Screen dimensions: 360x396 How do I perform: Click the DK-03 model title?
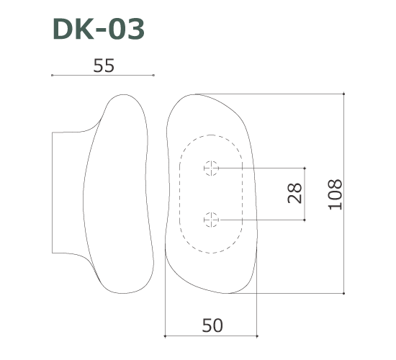click(99, 30)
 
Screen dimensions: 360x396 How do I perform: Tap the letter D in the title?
click(63, 30)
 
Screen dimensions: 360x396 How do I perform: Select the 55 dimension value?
click(104, 66)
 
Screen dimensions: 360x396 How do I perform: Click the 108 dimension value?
click(334, 194)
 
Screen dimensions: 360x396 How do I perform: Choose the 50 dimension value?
click(212, 325)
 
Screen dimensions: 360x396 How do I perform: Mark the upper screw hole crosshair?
click(211, 168)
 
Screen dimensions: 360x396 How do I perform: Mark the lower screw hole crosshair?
click(211, 218)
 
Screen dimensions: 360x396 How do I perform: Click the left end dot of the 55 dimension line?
click(53, 75)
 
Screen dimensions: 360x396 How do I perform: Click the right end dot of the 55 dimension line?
click(154, 75)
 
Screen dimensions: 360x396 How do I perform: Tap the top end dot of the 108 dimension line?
click(345, 94)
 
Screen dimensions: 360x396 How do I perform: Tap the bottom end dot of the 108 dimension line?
click(345, 294)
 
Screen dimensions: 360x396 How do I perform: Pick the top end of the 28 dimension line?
click(306, 168)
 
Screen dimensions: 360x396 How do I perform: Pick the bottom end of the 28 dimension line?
click(306, 218)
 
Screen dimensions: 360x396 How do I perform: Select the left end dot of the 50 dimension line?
click(166, 336)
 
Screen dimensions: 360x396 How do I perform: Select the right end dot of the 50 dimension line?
click(258, 336)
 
